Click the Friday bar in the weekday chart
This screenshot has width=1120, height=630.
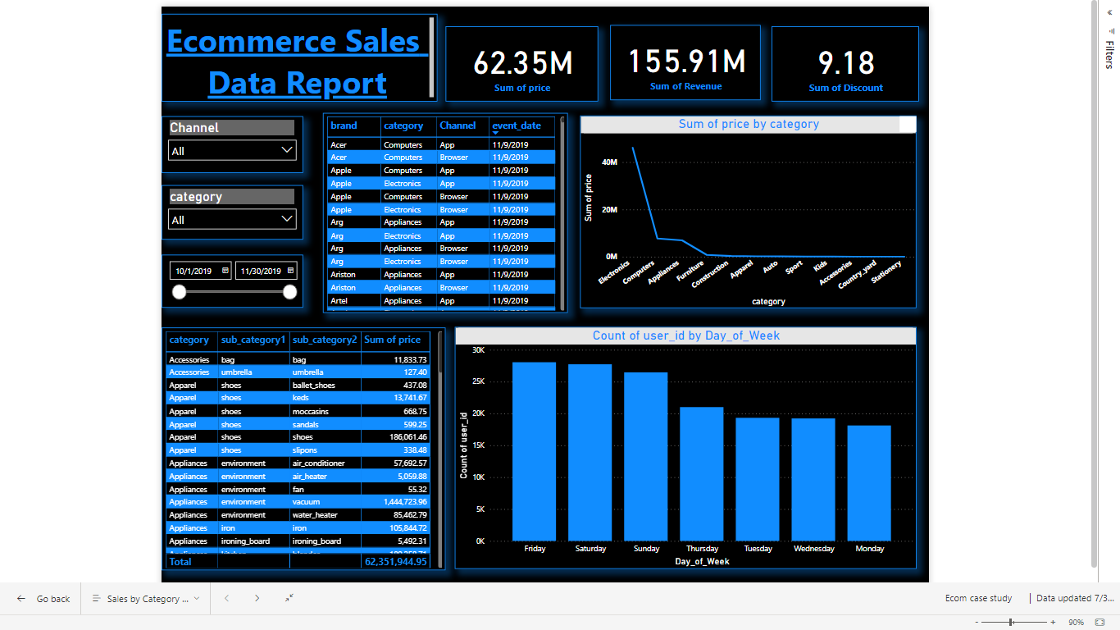[534, 451]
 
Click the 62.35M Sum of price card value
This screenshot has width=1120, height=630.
[522, 63]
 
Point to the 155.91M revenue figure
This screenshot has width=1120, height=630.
[686, 62]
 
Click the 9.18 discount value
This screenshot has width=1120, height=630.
[846, 63]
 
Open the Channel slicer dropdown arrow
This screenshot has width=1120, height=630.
[286, 150]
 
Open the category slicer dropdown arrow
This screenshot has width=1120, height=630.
[286, 219]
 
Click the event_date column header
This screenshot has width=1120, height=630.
[517, 126]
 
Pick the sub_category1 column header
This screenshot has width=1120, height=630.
[253, 340]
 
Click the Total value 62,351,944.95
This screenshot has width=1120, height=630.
[395, 562]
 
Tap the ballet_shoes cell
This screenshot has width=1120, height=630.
[313, 385]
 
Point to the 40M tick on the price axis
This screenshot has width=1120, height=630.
[609, 162]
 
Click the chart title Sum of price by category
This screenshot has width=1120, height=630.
[748, 124]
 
